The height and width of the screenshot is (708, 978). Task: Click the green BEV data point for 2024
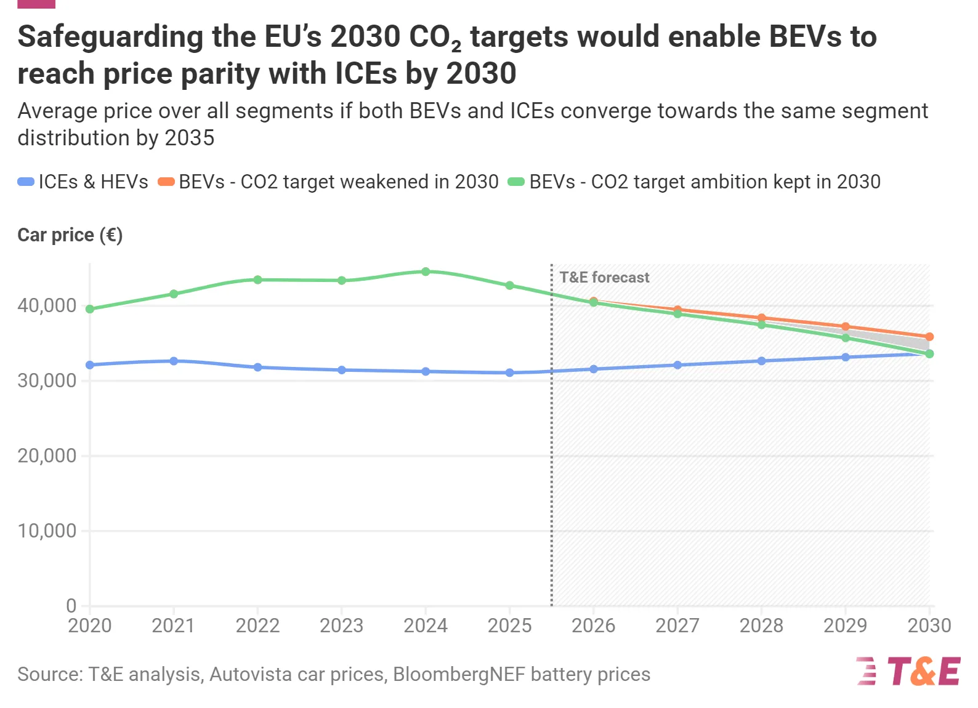pos(426,272)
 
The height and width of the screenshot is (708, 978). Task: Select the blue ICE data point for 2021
pos(174,361)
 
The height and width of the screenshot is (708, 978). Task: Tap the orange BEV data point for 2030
pos(929,337)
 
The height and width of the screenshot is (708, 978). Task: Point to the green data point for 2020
pos(90,309)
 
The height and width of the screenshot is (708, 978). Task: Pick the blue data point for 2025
pos(509,372)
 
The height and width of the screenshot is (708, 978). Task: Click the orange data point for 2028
pos(761,318)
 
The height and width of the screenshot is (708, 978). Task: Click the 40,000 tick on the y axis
pos(47,305)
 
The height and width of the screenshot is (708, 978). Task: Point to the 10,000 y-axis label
pos(47,531)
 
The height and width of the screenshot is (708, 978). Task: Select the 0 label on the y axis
pos(71,606)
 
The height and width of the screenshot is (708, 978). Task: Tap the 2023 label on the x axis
pos(341,626)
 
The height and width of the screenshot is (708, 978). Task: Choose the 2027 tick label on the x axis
pos(677,626)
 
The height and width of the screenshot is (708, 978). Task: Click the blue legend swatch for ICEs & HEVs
pos(26,182)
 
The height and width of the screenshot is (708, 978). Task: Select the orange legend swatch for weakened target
pos(166,182)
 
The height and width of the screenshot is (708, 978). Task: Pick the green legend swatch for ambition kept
pos(516,182)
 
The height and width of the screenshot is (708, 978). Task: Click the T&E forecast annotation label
pos(604,278)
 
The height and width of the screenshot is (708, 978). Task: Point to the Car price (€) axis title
pos(70,235)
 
